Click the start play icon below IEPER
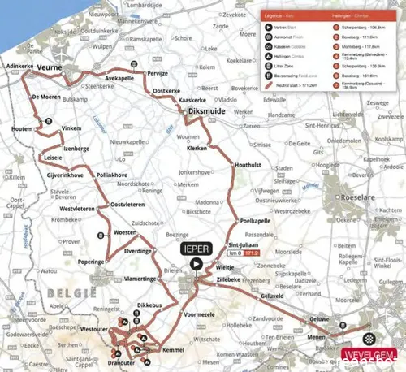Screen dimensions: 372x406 tap(196, 264)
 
